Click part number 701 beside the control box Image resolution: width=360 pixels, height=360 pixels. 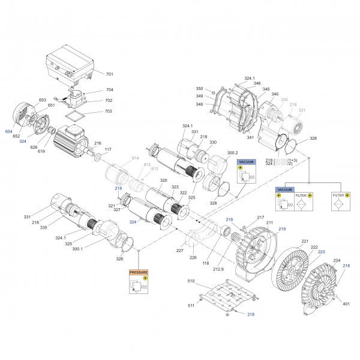[x=109, y=74]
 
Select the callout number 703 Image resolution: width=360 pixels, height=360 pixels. [x=109, y=112]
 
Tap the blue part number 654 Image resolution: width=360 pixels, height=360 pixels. [x=8, y=131]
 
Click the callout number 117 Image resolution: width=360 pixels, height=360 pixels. [x=107, y=149]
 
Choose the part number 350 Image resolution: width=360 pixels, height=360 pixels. [x=200, y=89]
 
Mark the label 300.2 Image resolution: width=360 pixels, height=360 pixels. [x=232, y=153]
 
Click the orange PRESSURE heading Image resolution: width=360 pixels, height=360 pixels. [x=139, y=272]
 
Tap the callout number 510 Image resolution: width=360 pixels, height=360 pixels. [x=191, y=281]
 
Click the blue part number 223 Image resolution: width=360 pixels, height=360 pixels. [x=321, y=252]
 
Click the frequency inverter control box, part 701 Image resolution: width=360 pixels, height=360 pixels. [x=72, y=66]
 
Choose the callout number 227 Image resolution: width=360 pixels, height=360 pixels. [x=179, y=250]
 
